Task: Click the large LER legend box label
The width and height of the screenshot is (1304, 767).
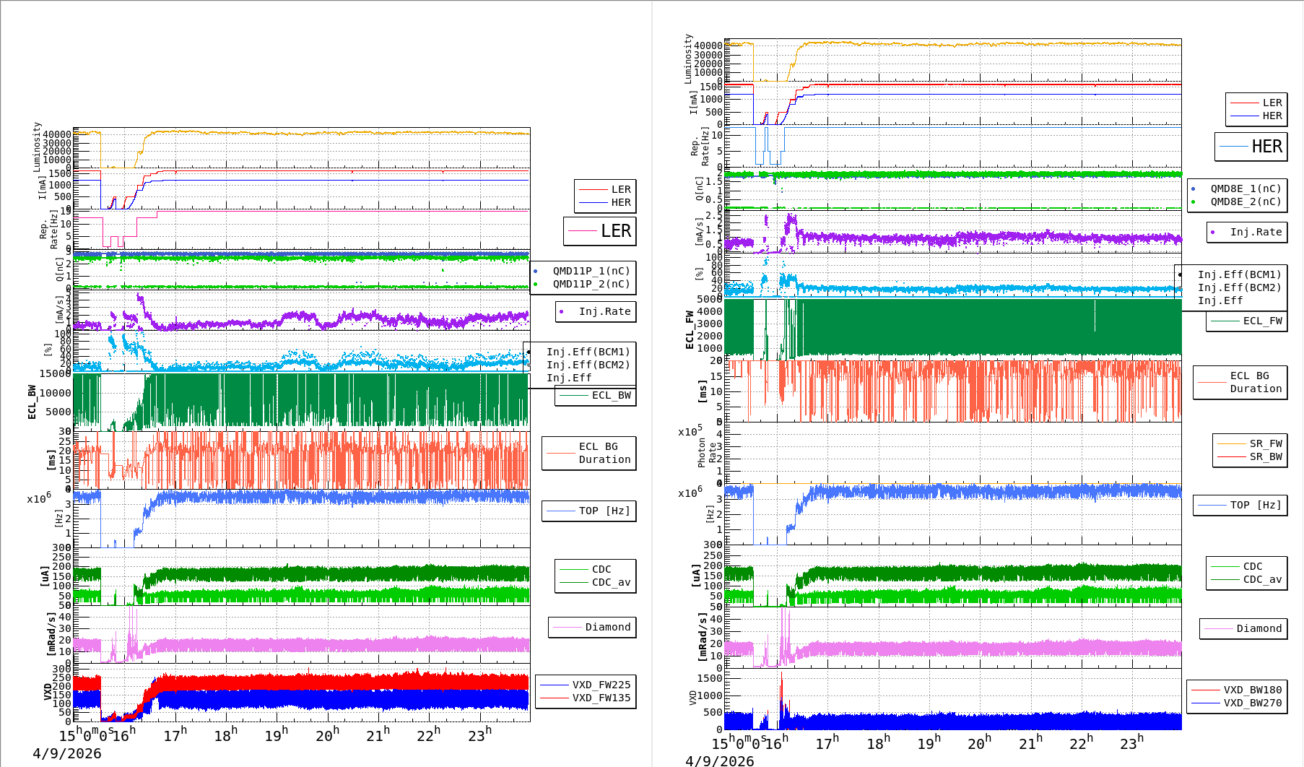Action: click(615, 231)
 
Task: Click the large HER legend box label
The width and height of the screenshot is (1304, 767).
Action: click(1266, 147)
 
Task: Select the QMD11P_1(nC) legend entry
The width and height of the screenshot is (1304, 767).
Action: click(591, 271)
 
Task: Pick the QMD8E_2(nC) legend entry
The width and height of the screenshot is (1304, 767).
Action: click(1246, 201)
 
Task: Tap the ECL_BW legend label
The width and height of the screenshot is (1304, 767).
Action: click(611, 395)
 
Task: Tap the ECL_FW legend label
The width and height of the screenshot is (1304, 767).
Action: click(1262, 321)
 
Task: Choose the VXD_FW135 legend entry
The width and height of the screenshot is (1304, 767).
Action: click(601, 698)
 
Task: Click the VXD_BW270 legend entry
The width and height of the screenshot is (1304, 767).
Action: click(1252, 703)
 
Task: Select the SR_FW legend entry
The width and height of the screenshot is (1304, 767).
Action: click(1266, 443)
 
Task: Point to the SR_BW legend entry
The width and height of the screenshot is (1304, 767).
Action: click(1266, 456)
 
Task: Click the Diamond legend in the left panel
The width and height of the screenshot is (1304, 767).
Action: click(607, 627)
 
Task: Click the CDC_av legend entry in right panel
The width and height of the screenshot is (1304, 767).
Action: click(1262, 579)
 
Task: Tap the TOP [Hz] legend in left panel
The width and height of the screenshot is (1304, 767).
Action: click(604, 511)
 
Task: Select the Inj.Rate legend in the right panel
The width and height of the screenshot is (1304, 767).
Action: click(1256, 232)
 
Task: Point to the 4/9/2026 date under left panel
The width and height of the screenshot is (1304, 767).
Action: click(67, 753)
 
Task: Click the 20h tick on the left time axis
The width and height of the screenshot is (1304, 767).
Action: click(327, 735)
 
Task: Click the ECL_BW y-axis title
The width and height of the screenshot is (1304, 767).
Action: click(32, 402)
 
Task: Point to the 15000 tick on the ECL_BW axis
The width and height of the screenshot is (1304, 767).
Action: click(55, 373)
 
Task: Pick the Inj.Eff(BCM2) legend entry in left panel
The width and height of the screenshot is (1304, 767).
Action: click(588, 365)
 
